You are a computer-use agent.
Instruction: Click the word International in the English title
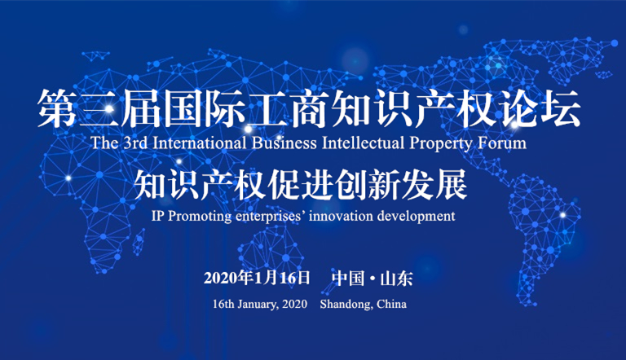[199, 143]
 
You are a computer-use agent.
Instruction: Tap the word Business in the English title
[284, 143]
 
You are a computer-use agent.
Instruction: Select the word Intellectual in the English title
[363, 143]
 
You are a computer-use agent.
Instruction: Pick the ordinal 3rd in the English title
[135, 143]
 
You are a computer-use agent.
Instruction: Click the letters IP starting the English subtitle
[157, 216]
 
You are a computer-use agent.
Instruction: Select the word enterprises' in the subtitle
[268, 217]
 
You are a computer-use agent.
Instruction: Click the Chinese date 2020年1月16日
[257, 278]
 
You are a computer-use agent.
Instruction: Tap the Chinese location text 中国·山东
[372, 278]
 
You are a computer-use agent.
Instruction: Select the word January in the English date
[258, 305]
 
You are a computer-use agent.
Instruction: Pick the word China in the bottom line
[391, 304]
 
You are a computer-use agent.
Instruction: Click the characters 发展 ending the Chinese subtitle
[434, 184]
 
